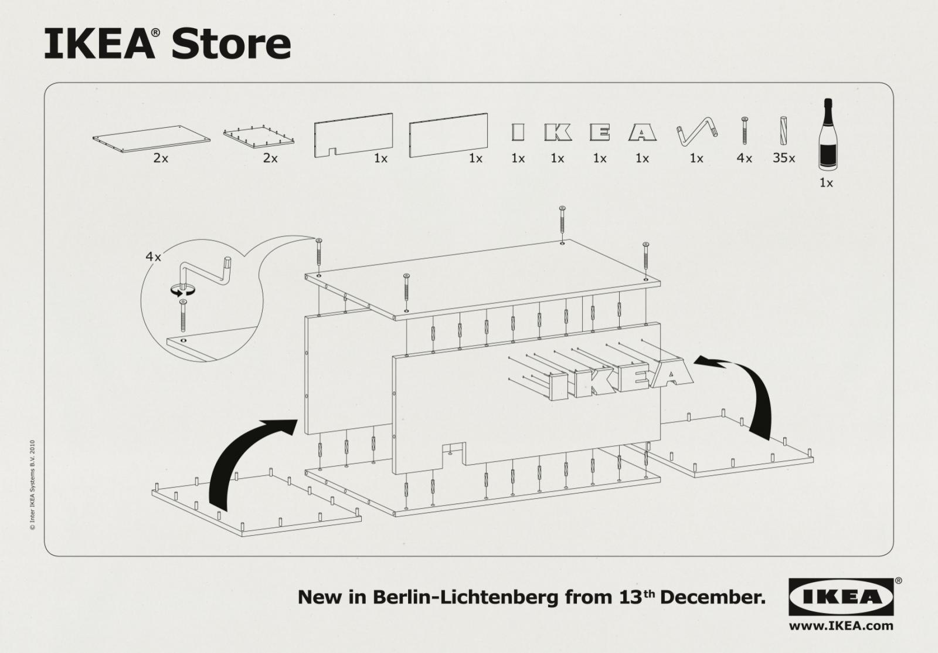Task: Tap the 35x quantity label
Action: [783, 158]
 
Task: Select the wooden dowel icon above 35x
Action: [784, 130]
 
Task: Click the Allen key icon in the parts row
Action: [696, 132]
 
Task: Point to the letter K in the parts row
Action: [558, 133]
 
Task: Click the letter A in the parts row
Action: [643, 133]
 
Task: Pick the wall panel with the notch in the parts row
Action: [353, 135]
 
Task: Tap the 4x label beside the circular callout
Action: [153, 256]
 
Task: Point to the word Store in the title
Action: [231, 44]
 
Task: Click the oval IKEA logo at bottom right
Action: [841, 597]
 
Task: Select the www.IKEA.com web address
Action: [842, 625]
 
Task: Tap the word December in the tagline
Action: [712, 597]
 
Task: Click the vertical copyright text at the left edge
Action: [32, 484]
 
